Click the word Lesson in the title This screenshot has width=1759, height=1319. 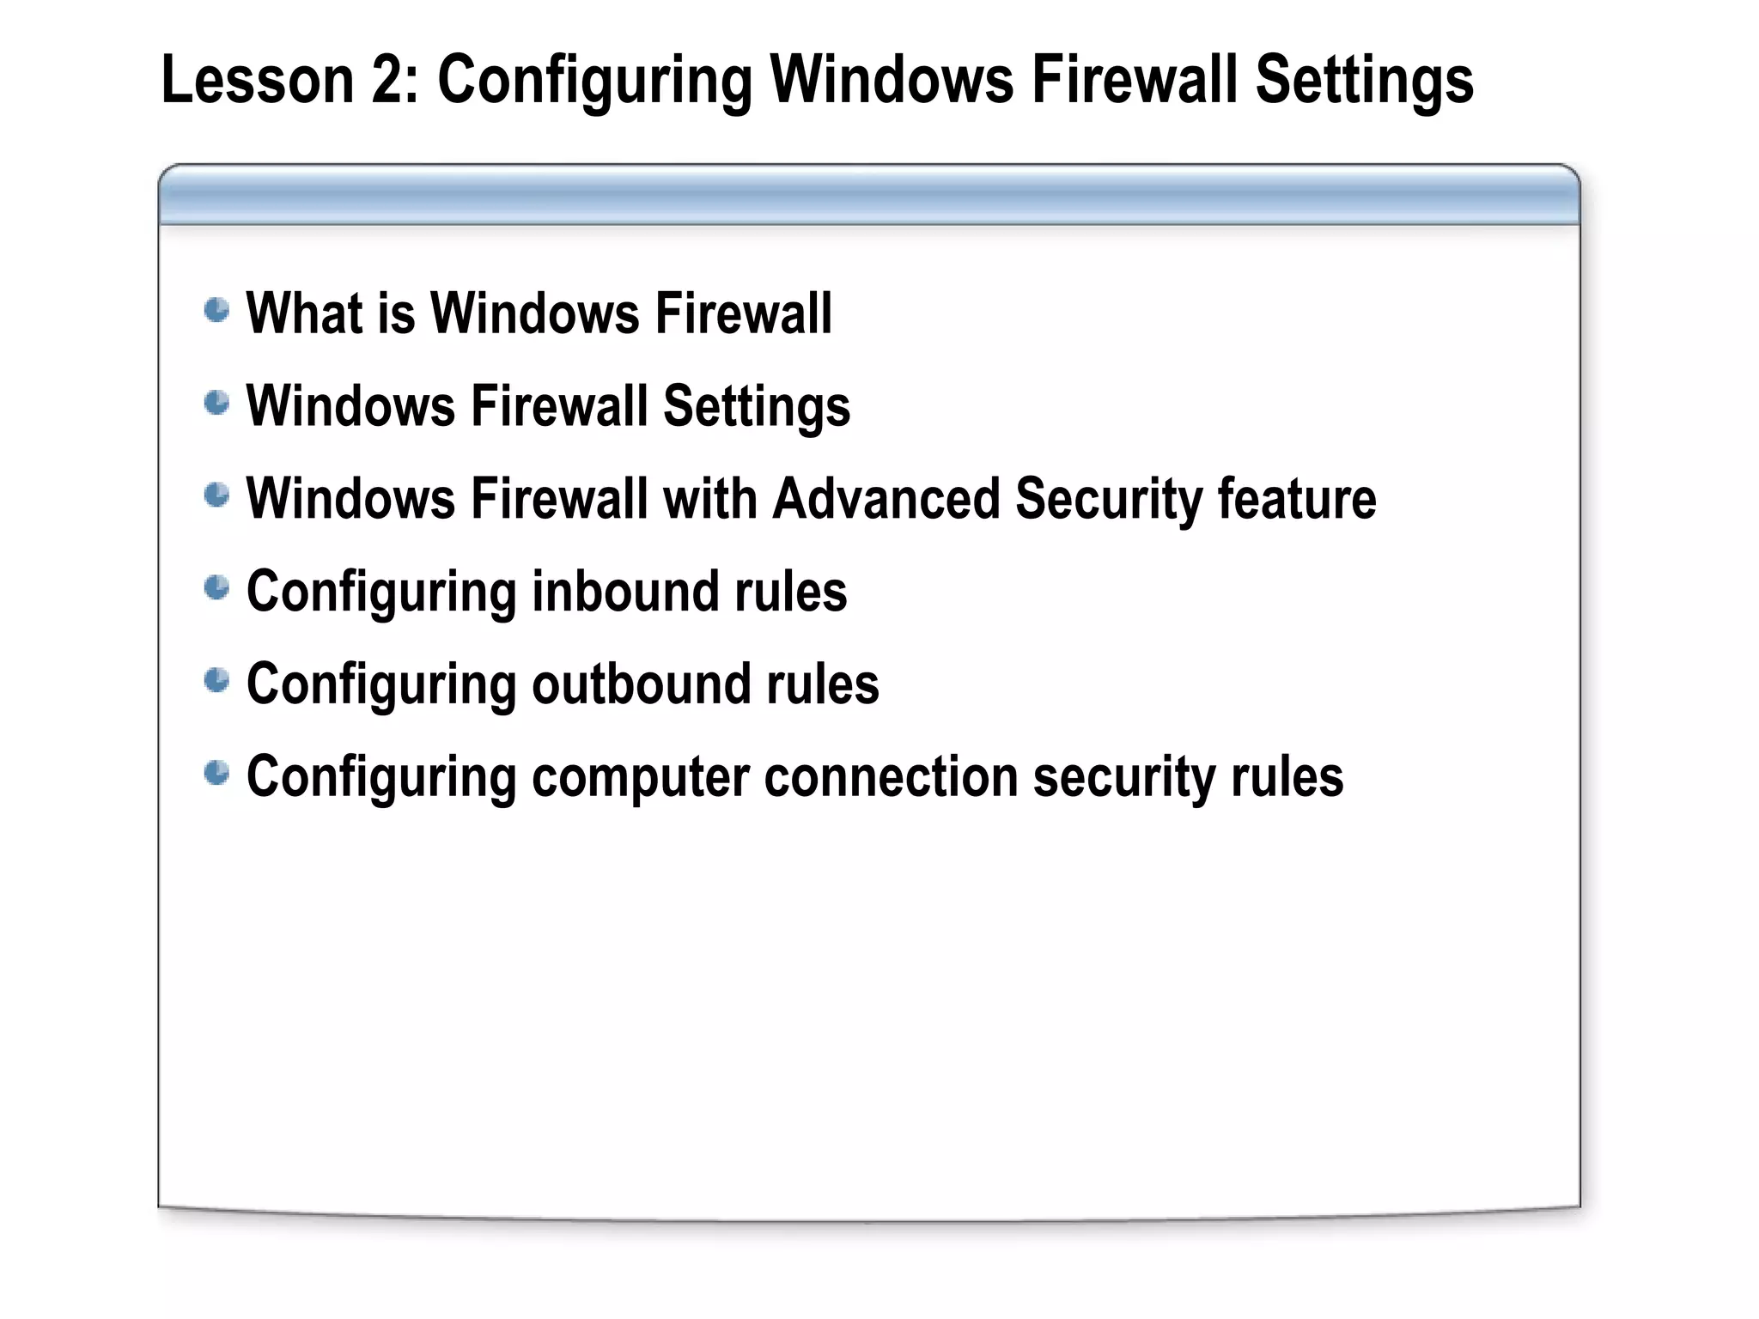tap(258, 80)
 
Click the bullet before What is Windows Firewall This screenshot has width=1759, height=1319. tap(217, 310)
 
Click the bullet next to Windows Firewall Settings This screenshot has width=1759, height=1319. tap(217, 403)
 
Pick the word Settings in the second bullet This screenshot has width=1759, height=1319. tap(756, 407)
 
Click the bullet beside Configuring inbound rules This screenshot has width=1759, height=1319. tap(217, 588)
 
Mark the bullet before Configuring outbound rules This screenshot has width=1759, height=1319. tap(217, 681)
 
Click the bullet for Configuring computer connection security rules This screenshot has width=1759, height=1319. tap(217, 774)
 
